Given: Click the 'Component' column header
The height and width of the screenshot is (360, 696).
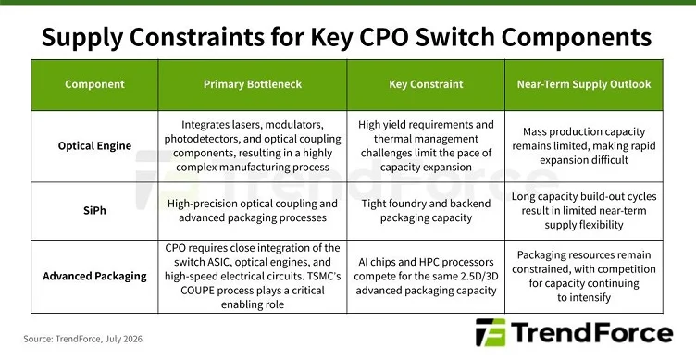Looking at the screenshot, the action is [94, 84].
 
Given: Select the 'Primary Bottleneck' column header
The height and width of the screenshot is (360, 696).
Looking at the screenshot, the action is [253, 84].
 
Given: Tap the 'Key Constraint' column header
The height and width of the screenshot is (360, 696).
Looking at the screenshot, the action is [426, 84].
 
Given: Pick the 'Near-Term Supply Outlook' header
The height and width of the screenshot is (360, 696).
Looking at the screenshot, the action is [584, 84].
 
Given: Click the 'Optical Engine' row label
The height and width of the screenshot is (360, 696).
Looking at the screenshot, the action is [94, 146].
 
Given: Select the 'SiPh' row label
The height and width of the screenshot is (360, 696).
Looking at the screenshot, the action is [94, 210].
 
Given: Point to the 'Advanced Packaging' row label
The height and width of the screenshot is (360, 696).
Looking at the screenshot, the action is [94, 276].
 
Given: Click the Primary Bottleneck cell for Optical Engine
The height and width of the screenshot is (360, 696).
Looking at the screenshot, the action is [253, 146].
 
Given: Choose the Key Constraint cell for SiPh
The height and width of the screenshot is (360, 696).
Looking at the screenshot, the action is [426, 210].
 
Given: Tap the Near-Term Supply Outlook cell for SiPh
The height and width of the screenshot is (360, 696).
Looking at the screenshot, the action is [584, 210].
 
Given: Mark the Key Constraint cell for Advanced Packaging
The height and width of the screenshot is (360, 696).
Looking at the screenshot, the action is [426, 276].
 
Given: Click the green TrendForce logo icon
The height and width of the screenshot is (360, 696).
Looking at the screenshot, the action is [491, 332].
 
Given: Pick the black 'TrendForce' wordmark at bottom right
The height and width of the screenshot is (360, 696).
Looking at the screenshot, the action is [591, 332].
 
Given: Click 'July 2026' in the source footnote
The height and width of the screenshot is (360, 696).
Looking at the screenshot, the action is [124, 339].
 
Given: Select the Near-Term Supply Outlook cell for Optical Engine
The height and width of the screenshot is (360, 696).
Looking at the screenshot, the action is [584, 146].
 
